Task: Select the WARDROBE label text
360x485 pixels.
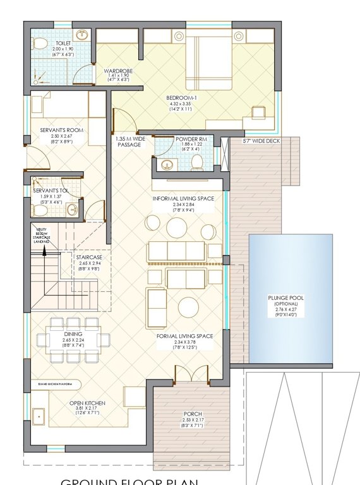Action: pyautogui.click(x=116, y=71)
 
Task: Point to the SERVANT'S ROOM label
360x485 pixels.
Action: pyautogui.click(x=62, y=130)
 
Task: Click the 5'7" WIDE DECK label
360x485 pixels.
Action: pyautogui.click(x=260, y=141)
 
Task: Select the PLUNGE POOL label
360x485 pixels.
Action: pyautogui.click(x=290, y=299)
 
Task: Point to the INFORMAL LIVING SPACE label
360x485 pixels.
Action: pyautogui.click(x=184, y=198)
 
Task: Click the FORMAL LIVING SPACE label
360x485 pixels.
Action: pyautogui.click(x=184, y=336)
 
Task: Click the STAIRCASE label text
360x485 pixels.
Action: pyautogui.click(x=85, y=258)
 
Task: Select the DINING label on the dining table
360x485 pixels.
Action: pyautogui.click(x=73, y=333)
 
